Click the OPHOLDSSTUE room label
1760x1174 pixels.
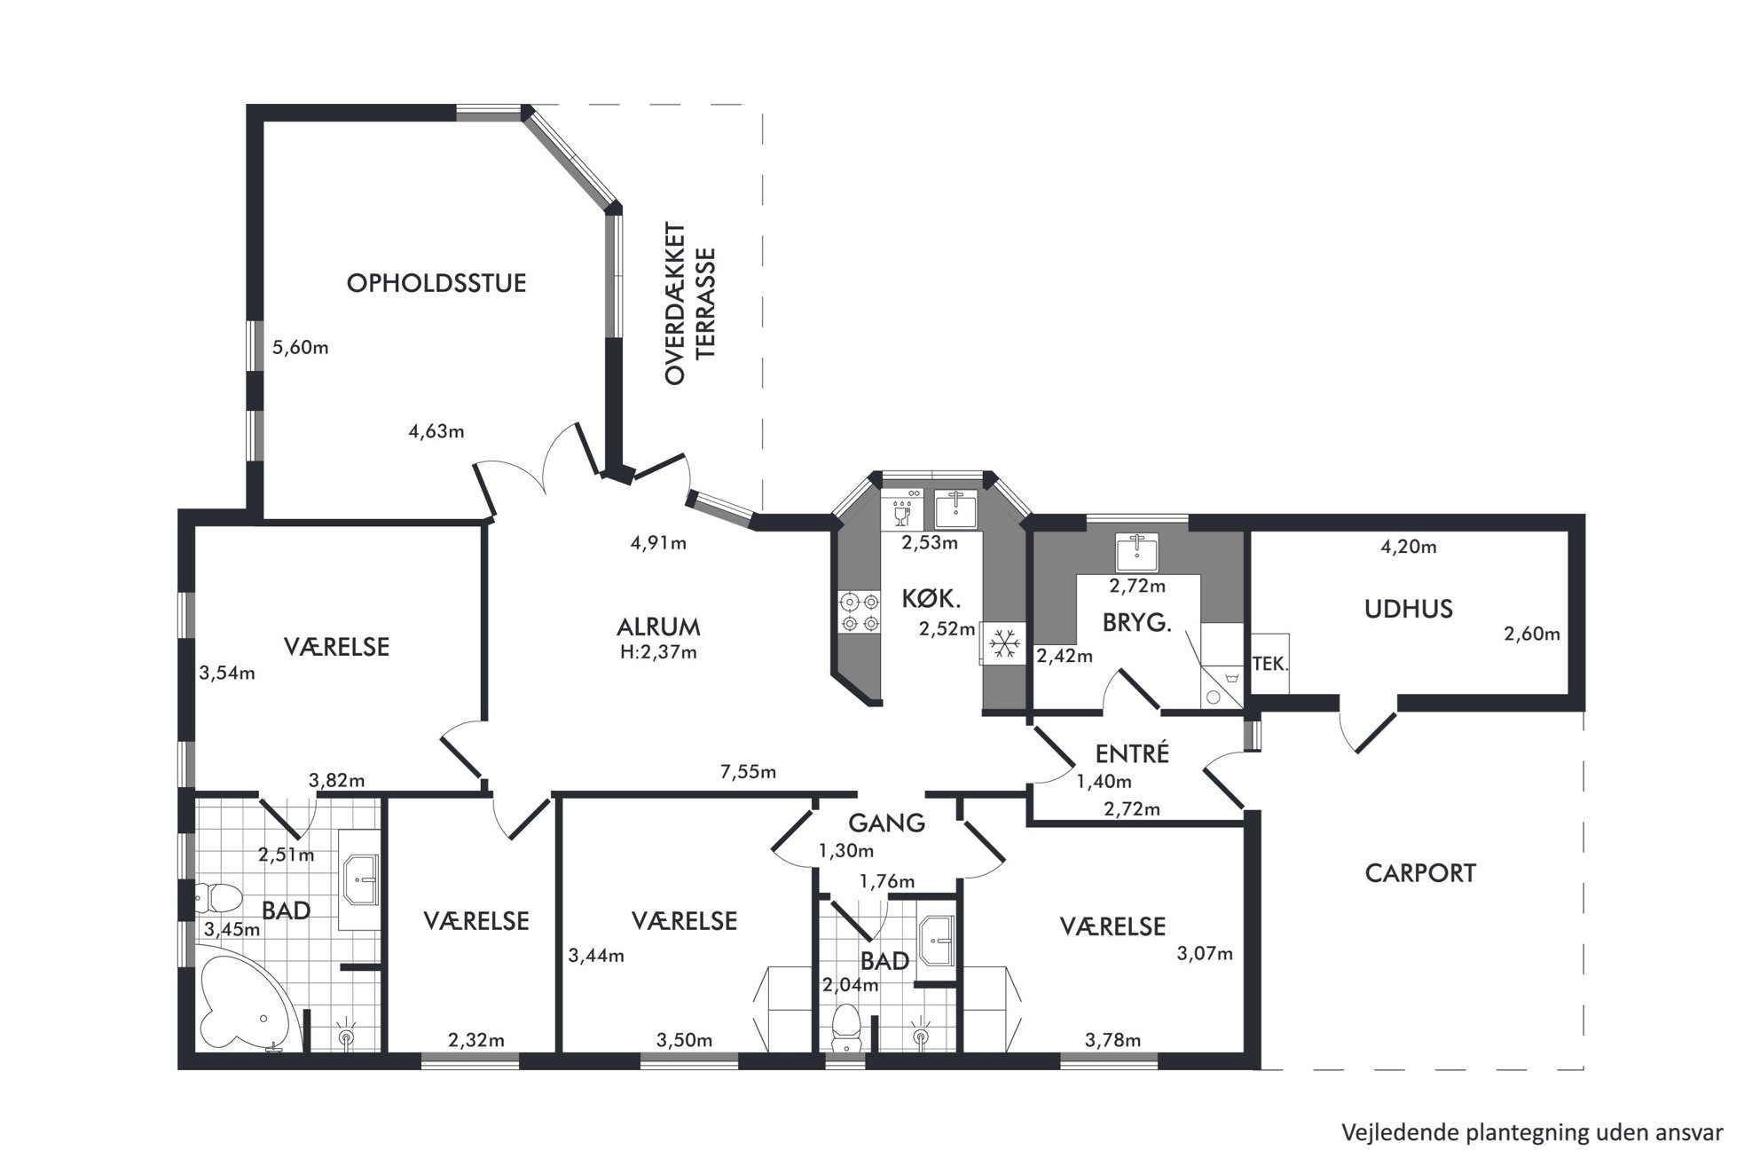click(436, 283)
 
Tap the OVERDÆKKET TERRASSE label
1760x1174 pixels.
click(689, 303)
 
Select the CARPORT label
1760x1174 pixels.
click(1420, 873)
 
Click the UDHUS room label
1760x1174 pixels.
click(1408, 609)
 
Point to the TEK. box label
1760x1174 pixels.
click(1270, 663)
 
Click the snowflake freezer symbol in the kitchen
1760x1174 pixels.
click(1004, 643)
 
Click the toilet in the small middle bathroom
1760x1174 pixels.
click(847, 1027)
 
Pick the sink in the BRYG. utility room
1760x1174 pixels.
click(1136, 552)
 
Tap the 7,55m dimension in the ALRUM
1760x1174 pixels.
click(748, 772)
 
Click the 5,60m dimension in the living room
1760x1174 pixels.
click(301, 348)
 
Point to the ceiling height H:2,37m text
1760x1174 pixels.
click(658, 653)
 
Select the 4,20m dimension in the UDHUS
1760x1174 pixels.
click(1408, 548)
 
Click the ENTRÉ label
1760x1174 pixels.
click(1132, 754)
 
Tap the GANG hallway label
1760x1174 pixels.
click(886, 823)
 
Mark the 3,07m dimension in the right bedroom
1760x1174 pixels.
click(1205, 955)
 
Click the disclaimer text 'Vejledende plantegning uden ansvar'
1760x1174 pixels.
click(1532, 1133)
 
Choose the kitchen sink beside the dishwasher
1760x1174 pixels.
click(955, 509)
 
